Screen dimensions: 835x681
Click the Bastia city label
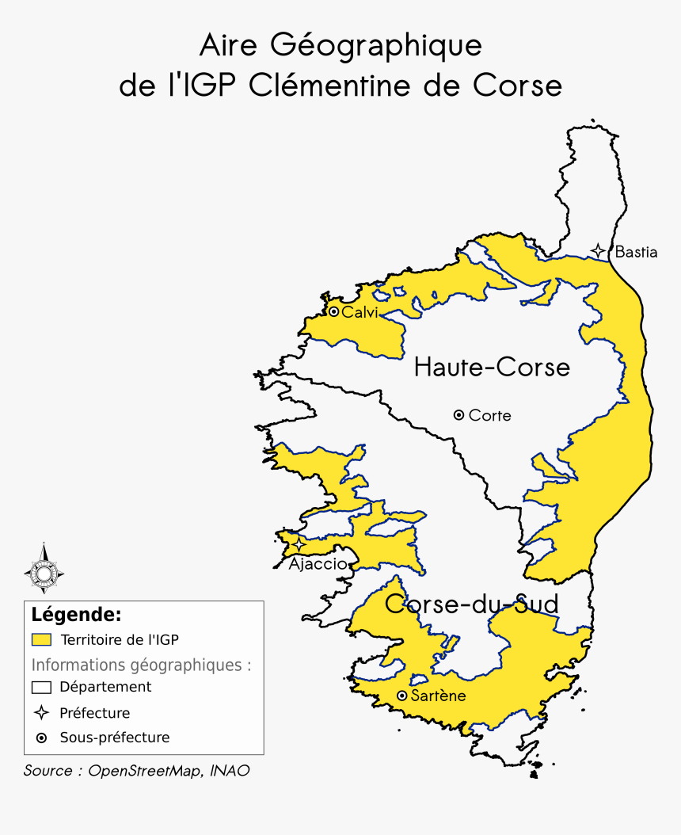(636, 253)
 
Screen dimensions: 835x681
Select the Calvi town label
(360, 312)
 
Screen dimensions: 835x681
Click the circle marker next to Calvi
(334, 312)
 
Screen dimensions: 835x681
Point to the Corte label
(490, 415)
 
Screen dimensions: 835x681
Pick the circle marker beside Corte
(458, 415)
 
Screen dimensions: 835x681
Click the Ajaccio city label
(318, 564)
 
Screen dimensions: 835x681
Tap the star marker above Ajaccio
(299, 545)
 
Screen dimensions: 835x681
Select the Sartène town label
(439, 696)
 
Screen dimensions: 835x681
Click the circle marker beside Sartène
(402, 696)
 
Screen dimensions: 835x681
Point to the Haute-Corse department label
(492, 368)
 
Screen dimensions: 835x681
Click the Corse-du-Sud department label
(472, 604)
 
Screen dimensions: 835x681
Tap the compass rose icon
(44, 568)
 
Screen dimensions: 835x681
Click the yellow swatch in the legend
(41, 639)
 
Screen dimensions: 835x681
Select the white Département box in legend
(41, 688)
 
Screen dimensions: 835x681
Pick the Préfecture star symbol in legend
(41, 713)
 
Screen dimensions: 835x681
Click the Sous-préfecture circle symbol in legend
(41, 738)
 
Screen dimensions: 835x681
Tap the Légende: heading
(76, 615)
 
